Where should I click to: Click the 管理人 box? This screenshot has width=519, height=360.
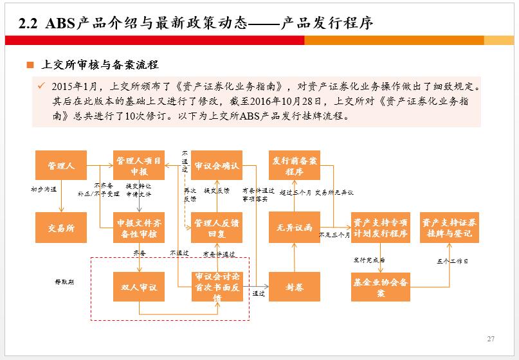tap(61, 165)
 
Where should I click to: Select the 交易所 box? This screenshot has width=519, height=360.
tap(61, 228)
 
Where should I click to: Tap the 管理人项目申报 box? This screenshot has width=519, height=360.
tap(139, 165)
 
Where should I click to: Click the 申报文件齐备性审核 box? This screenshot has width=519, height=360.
tap(139, 228)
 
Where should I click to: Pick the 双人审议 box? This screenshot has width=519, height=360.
tap(139, 287)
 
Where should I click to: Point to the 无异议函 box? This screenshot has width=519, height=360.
tap(294, 228)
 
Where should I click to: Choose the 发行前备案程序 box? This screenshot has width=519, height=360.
tap(294, 165)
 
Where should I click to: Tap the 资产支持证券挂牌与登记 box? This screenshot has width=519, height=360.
tap(449, 228)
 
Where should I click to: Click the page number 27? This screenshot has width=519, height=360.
tap(491, 338)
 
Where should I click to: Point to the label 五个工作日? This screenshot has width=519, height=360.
tap(452, 261)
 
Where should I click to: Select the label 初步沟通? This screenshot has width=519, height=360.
tap(44, 190)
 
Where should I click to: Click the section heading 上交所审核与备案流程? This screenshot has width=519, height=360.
tap(99, 65)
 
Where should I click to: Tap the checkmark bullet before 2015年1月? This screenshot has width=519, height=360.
tap(41, 85)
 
